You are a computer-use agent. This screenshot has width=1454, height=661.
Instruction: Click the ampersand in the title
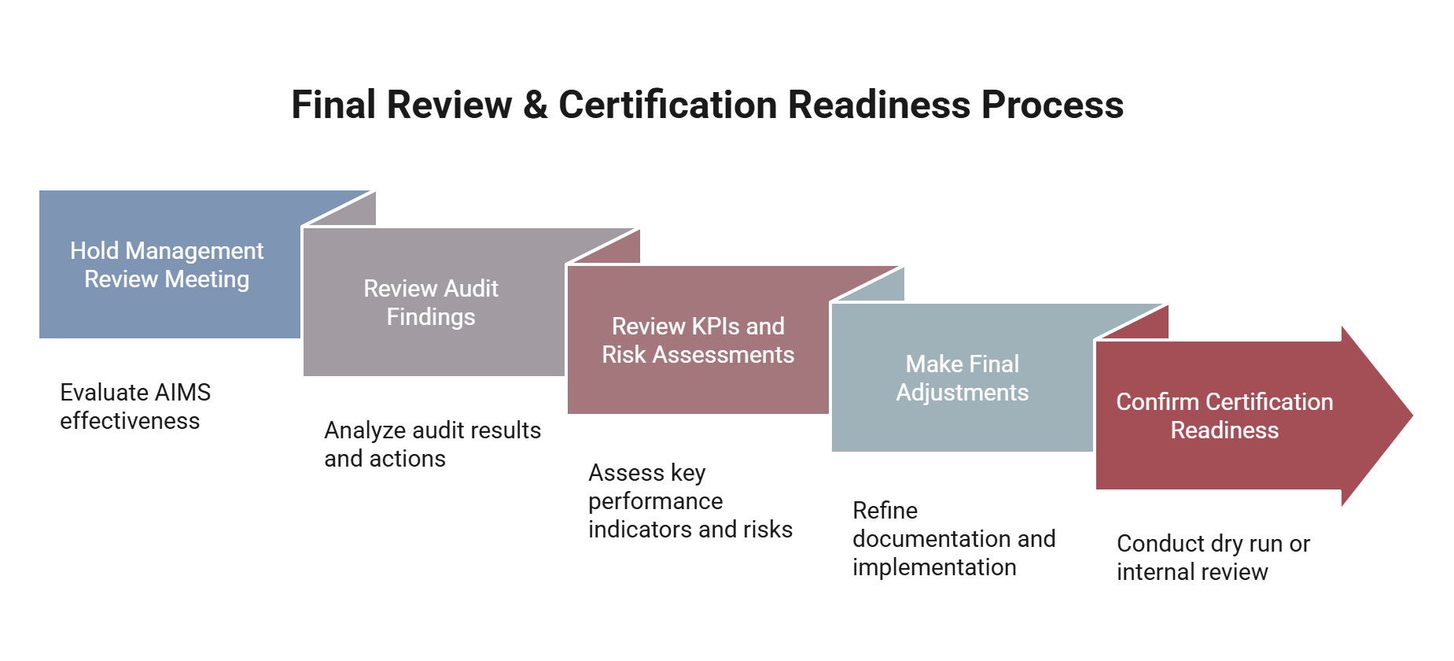click(535, 105)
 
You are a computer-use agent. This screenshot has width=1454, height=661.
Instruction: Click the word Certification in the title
click(668, 105)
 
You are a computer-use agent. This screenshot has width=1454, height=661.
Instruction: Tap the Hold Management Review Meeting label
click(167, 265)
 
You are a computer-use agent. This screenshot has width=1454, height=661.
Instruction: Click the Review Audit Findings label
click(431, 303)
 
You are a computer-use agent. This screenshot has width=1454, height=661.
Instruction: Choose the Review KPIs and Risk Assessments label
click(698, 341)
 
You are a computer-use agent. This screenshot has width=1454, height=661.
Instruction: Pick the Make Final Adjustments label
click(962, 379)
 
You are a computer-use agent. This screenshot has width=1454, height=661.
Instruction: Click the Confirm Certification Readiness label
click(1224, 416)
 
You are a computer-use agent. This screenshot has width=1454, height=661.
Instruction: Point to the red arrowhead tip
click(1412, 415)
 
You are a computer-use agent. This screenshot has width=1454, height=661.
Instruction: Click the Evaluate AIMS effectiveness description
click(135, 407)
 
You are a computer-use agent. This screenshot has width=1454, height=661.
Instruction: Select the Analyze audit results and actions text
click(433, 445)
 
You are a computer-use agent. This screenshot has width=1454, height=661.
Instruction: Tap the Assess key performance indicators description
click(690, 501)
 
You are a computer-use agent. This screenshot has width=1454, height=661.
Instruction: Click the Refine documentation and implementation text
click(954, 539)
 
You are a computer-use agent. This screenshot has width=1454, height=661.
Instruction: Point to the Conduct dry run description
click(1213, 558)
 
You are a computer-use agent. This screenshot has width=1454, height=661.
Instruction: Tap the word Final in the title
click(333, 105)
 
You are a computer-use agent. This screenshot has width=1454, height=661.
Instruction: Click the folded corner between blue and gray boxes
click(339, 209)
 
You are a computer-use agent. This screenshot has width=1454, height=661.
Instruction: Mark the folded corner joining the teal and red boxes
click(1132, 322)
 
